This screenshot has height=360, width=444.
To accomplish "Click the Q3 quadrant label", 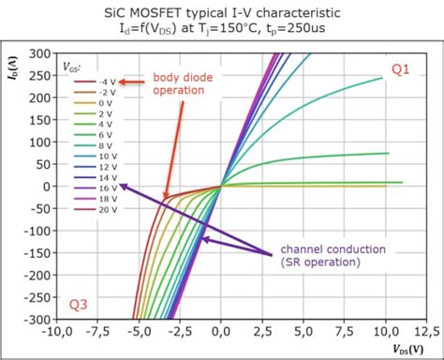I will tap(81, 305).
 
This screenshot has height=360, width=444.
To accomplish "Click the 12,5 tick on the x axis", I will tap(427, 331).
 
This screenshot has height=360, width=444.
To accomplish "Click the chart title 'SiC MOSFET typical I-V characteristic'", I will tap(222, 11).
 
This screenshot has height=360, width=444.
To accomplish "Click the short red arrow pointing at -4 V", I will tap(130, 82).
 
